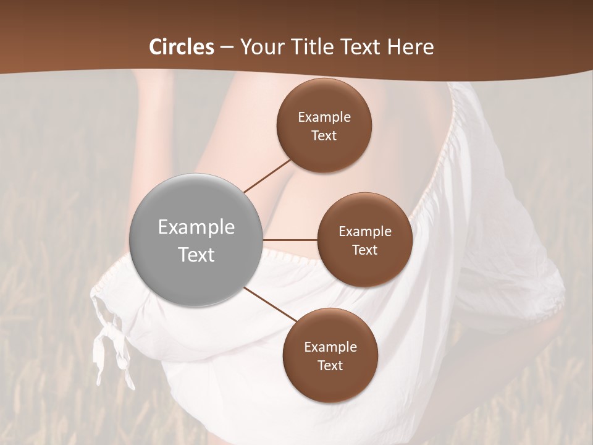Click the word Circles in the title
point(181,47)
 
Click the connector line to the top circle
point(268,176)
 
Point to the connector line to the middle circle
point(290,239)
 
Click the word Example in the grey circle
point(196,227)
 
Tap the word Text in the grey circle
point(196,255)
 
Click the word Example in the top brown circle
point(324,117)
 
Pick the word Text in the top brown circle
point(324,135)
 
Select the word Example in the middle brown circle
point(365,232)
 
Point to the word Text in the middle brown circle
point(364,250)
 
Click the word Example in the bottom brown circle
point(330,347)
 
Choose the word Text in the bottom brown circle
point(330,365)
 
